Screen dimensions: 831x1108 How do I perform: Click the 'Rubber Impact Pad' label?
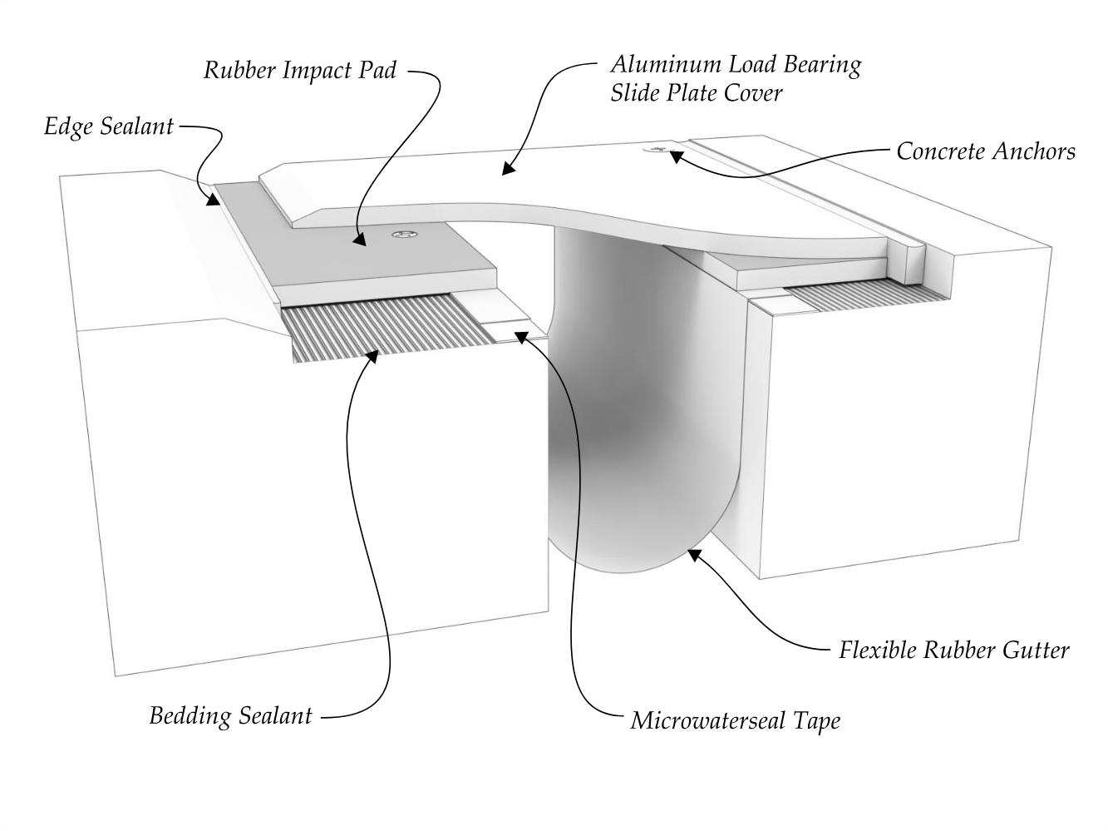pos(300,70)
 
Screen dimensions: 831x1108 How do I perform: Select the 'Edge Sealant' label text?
pos(109,126)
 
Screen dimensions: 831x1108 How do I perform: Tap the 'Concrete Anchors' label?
pos(985,151)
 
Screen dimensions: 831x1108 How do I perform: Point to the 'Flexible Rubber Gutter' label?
pos(953,650)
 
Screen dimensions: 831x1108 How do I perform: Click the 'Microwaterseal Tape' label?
pos(735,720)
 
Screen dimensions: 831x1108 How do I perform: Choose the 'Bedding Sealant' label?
pos(230,715)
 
